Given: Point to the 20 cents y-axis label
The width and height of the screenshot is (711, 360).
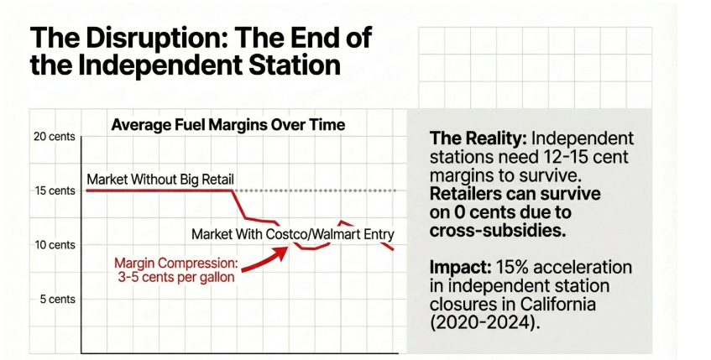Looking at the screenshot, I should (54, 136).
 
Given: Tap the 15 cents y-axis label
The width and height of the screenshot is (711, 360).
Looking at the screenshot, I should (54, 190).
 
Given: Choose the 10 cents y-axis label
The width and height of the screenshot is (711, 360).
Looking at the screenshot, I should (54, 245).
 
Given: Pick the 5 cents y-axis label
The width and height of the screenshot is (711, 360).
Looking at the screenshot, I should (56, 299).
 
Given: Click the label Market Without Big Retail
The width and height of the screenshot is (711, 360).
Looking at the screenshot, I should (160, 179).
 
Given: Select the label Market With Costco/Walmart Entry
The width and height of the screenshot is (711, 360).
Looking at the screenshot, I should (292, 233).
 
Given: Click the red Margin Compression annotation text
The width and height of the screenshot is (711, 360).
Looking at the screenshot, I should (176, 270).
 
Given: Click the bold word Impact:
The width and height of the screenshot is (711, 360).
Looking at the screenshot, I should (458, 267).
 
